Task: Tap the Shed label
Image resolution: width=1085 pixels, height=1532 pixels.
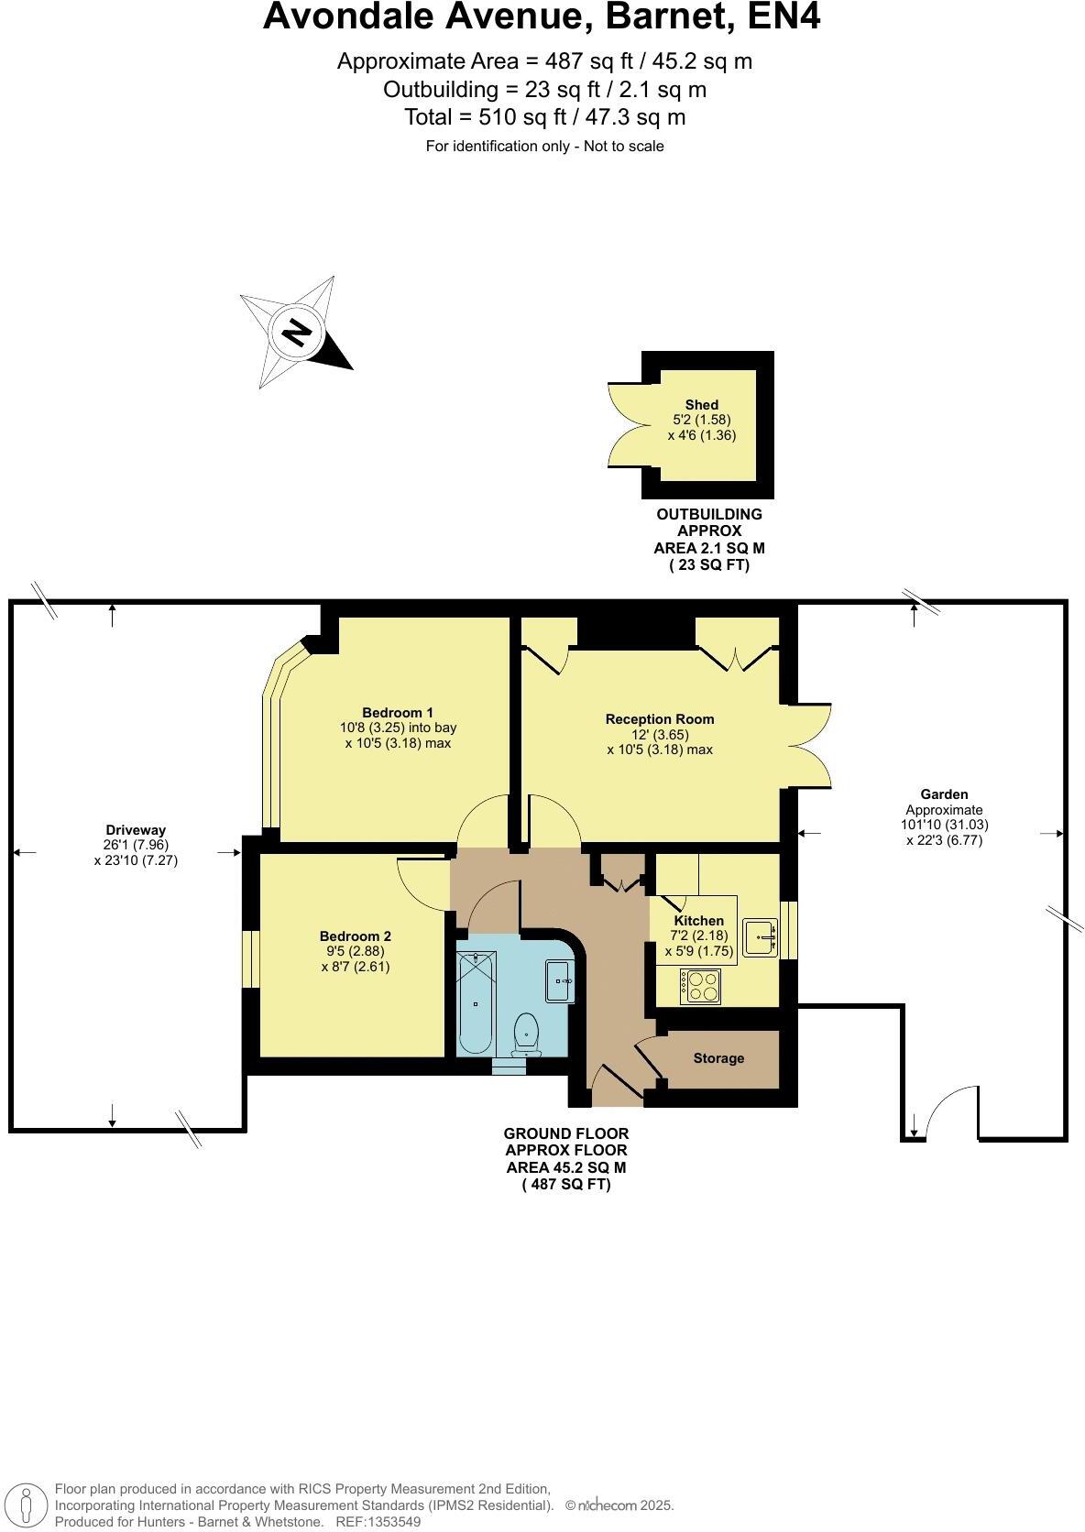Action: (701, 405)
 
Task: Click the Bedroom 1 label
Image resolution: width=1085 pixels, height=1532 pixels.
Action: (398, 713)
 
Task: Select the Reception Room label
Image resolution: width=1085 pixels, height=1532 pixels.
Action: (659, 719)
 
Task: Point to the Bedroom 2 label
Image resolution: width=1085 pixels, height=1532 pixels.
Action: (355, 936)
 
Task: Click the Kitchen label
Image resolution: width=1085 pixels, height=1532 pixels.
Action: (698, 921)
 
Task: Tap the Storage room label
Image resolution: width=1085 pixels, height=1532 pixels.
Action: (718, 1058)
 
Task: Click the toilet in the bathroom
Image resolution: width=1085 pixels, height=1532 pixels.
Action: (526, 1032)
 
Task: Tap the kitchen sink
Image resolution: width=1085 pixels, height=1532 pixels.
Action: (760, 937)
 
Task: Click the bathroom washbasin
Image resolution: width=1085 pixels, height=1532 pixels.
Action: (559, 980)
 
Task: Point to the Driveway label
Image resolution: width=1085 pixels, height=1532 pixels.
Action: (136, 830)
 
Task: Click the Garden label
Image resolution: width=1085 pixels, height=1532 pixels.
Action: (944, 794)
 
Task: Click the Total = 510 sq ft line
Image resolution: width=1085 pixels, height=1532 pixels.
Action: (544, 117)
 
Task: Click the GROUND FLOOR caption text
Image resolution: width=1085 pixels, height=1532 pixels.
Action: (565, 1133)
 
